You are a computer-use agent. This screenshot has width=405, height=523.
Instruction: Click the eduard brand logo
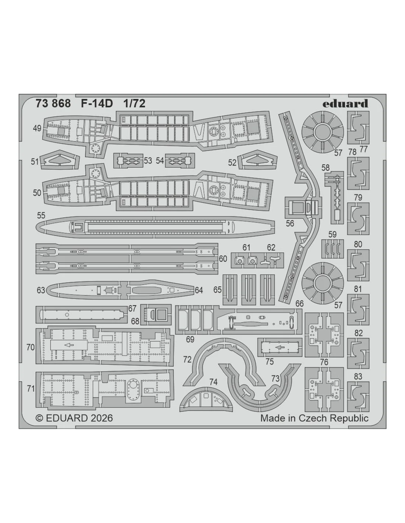click(x=345, y=103)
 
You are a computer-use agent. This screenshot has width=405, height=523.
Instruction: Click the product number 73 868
click(x=53, y=103)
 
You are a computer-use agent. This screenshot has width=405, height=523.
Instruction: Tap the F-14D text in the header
click(x=97, y=103)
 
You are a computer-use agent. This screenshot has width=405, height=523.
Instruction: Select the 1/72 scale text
click(x=134, y=103)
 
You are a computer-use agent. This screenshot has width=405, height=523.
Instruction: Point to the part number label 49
click(x=37, y=128)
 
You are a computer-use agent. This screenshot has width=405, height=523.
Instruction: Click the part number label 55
click(x=41, y=216)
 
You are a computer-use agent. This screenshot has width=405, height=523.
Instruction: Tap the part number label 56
click(x=290, y=224)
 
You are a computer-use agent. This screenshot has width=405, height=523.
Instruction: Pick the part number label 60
click(x=223, y=259)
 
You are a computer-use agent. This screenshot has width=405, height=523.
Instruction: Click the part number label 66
click(x=299, y=303)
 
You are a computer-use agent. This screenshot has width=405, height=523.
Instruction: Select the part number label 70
click(x=31, y=347)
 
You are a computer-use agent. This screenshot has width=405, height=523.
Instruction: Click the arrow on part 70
click(x=69, y=345)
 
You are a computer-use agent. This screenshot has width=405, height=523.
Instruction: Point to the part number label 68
click(x=135, y=321)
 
